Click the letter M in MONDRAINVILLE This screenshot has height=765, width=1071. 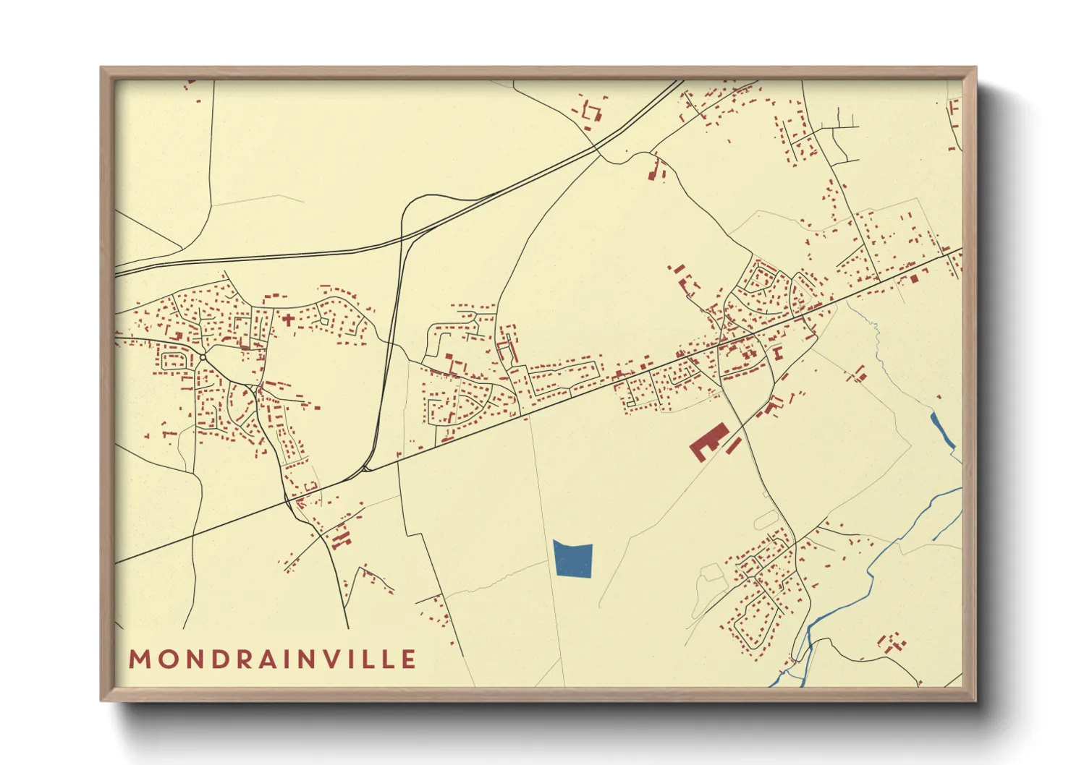tap(139, 659)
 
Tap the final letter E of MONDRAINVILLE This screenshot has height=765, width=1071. tap(410, 659)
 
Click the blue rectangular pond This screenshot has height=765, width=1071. tap(573, 560)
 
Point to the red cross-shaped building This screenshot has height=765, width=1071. tap(288, 318)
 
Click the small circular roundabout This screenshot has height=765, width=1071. tap(203, 357)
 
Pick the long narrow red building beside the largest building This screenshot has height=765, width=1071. tap(734, 445)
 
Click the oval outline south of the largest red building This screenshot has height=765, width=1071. tap(764, 519)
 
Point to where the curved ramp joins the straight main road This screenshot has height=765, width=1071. tap(365, 470)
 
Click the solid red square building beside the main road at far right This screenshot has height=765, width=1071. tap(914, 278)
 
